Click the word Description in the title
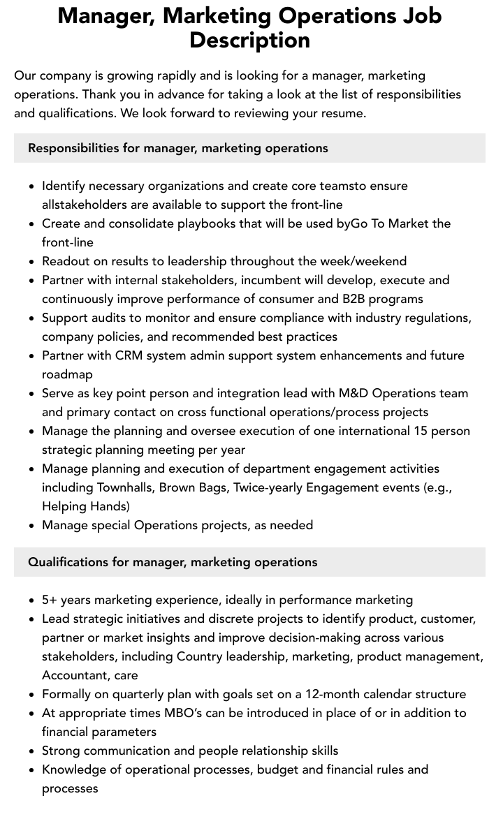(x=249, y=40)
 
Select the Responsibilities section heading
(x=177, y=148)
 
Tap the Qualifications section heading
(x=173, y=562)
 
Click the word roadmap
(x=67, y=374)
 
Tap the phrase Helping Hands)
(x=85, y=506)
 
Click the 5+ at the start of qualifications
(x=50, y=600)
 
